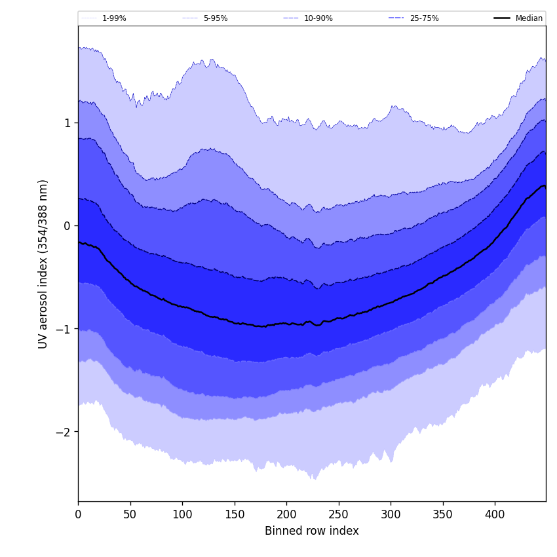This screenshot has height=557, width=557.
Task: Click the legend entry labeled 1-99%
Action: pyautogui.click(x=114, y=18)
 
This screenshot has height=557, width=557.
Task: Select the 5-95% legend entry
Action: pyautogui.click(x=215, y=18)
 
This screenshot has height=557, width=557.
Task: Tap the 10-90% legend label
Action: pyautogui.click(x=318, y=18)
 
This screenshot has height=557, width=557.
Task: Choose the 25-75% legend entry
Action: pyautogui.click(x=424, y=18)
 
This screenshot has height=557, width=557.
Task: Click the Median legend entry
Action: pyautogui.click(x=529, y=18)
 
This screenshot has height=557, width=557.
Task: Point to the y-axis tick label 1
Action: pyautogui.click(x=67, y=123)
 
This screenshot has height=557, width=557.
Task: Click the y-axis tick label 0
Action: pyautogui.click(x=67, y=226)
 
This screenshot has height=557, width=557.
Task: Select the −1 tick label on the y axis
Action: pyautogui.click(x=64, y=329)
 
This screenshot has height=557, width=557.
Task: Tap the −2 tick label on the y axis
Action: pyautogui.click(x=64, y=432)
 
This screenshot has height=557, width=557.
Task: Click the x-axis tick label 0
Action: pyautogui.click(x=78, y=515)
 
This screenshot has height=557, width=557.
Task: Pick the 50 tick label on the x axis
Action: pyautogui.click(x=130, y=515)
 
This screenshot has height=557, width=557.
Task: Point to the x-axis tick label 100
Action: pyautogui.click(x=182, y=515)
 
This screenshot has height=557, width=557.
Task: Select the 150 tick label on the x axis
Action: pyautogui.click(x=235, y=515)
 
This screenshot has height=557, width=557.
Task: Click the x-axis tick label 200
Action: pyautogui.click(x=286, y=515)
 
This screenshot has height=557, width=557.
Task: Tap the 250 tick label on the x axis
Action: pyautogui.click(x=339, y=515)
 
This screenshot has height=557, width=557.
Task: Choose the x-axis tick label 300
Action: pyautogui.click(x=391, y=515)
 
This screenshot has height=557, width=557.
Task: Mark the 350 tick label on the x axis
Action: pyautogui.click(x=443, y=515)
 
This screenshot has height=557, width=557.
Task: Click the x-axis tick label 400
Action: pyautogui.click(x=495, y=515)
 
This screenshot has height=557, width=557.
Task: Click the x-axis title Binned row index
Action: pyautogui.click(x=312, y=531)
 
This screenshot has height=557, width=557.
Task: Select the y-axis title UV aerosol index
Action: pyautogui.click(x=43, y=263)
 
